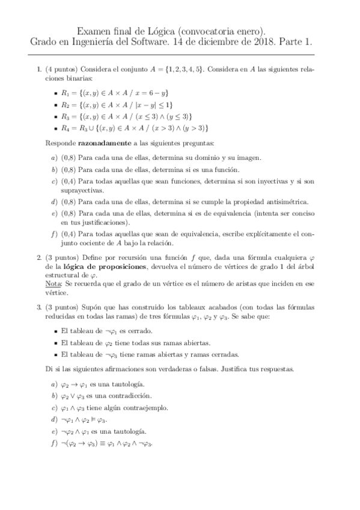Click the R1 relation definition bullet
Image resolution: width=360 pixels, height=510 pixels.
(116, 93)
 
